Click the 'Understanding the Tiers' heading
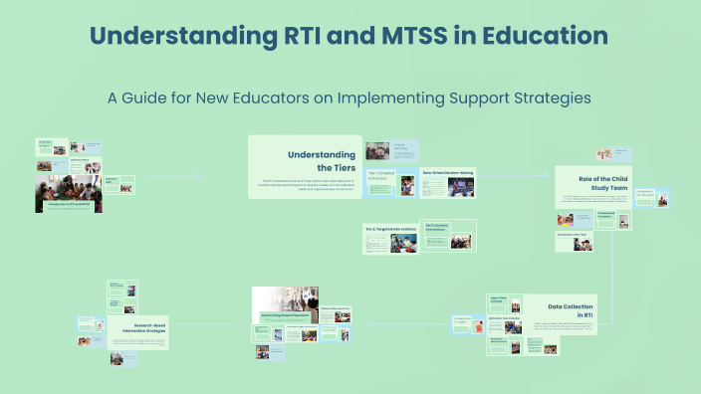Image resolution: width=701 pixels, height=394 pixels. (x=321, y=161)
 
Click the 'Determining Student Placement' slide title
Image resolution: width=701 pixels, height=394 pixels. (x=284, y=313)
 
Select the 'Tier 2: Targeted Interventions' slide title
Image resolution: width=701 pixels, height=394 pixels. (x=388, y=228)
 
